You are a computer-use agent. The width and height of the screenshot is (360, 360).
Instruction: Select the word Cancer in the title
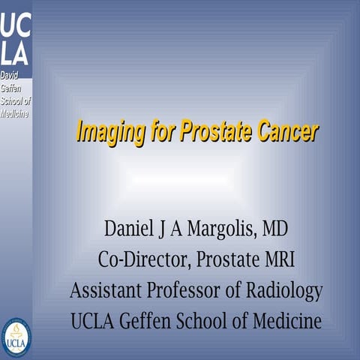coord(288,132)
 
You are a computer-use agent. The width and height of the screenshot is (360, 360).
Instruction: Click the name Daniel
coord(132,228)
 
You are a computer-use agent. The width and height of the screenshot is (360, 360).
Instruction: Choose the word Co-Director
coord(142,259)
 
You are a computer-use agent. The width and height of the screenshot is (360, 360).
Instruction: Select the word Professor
coord(181,290)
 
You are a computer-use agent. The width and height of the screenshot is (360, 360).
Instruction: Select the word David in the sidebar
coord(10,76)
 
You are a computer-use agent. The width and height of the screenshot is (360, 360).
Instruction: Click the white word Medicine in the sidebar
coord(15,112)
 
